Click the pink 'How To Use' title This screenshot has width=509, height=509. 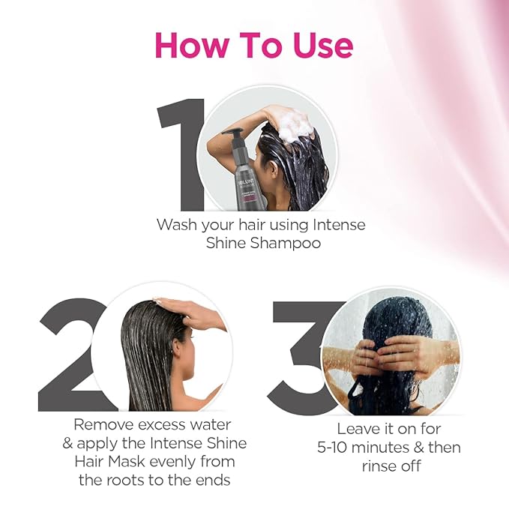pos(253,46)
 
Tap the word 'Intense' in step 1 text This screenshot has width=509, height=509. pos(338,224)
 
